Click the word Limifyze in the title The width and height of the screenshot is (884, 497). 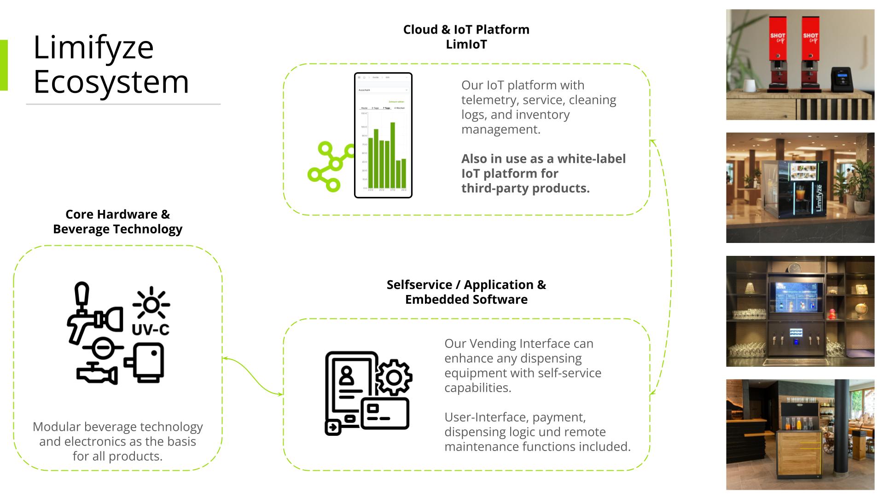(x=93, y=47)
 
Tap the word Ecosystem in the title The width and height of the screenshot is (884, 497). (x=111, y=82)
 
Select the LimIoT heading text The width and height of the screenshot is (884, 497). (x=466, y=45)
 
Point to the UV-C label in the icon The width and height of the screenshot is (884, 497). (x=150, y=329)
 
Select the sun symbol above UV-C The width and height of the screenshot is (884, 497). (x=151, y=304)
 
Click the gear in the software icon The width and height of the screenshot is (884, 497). (x=394, y=377)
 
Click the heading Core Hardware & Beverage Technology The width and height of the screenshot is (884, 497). (x=117, y=221)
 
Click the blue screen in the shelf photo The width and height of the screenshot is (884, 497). (x=796, y=296)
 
